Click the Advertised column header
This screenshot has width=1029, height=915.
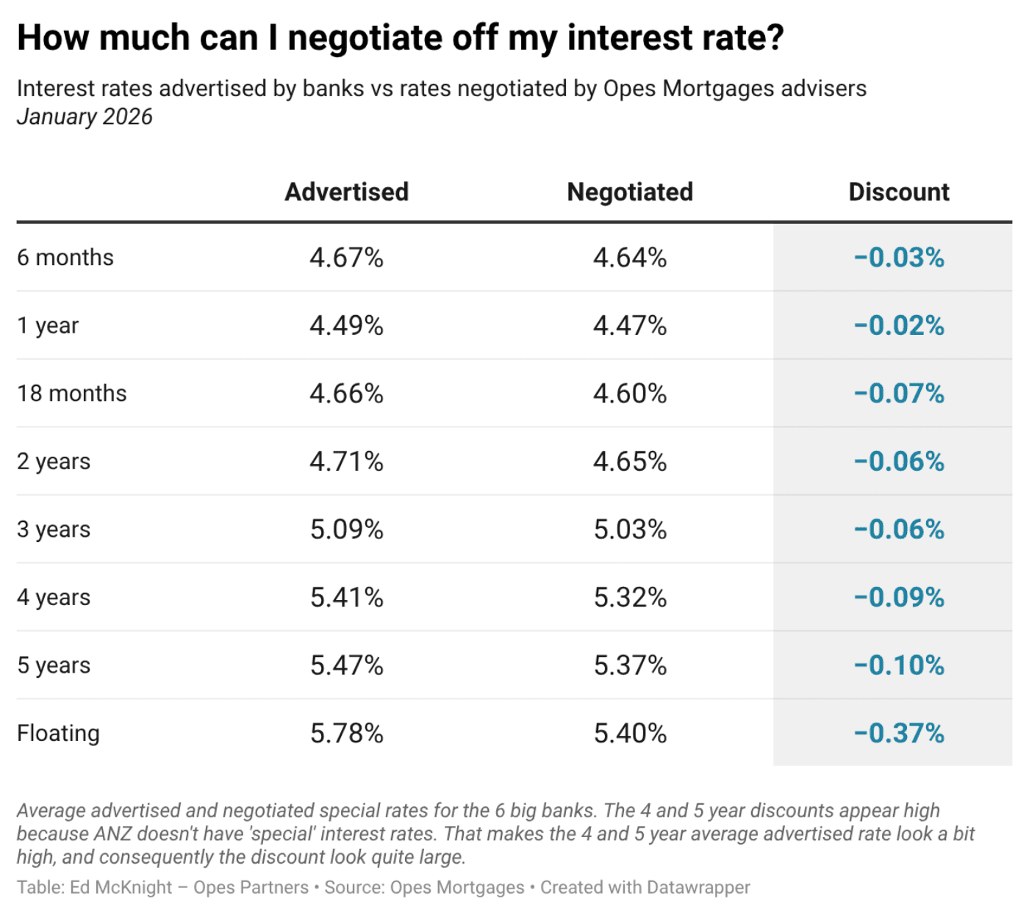point(346,192)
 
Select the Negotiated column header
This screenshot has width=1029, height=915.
point(630,192)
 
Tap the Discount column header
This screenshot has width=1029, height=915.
point(898,192)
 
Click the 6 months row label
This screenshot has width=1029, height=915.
point(65,258)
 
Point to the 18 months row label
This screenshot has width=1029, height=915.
point(72,394)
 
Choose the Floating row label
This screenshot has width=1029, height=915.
point(58,733)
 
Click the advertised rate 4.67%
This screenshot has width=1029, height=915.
point(346,258)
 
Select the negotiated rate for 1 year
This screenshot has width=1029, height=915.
point(630,325)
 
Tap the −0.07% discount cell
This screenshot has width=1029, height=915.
point(898,394)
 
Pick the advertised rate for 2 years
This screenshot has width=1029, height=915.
point(346,461)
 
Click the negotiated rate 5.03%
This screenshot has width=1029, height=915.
point(630,529)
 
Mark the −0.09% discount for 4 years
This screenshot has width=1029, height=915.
point(898,597)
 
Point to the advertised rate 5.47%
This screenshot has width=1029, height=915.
point(346,665)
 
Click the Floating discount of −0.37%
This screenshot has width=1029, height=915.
point(898,733)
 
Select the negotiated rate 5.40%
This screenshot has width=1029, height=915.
point(630,733)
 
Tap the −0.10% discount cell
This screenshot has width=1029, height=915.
point(898,665)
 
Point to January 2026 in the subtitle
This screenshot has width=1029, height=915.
point(85,117)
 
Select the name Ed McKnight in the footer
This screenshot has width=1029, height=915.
point(122,887)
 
